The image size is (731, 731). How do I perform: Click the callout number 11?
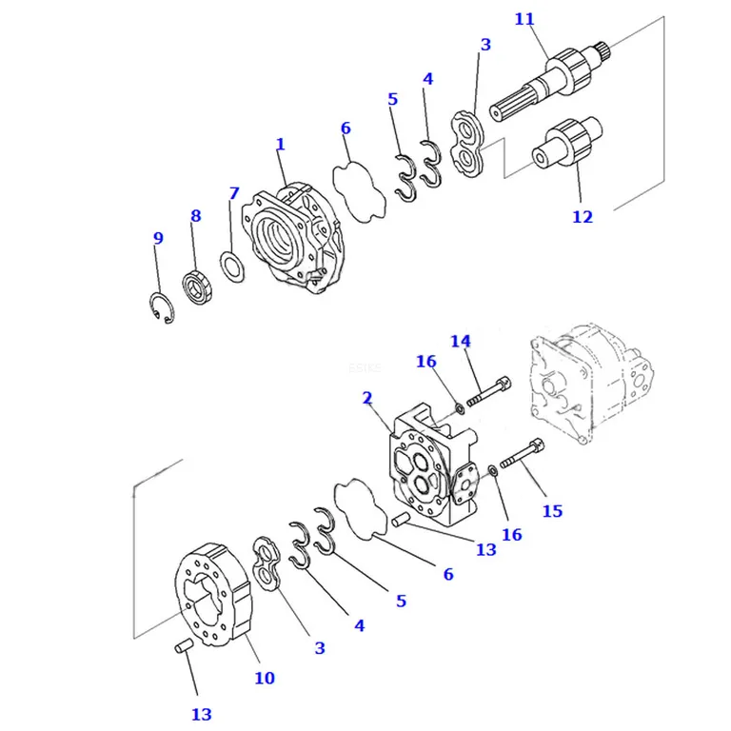click(x=524, y=19)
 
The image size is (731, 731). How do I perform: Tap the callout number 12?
click(x=583, y=217)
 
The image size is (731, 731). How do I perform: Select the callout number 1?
click(x=280, y=145)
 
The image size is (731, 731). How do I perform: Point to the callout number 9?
click(x=159, y=238)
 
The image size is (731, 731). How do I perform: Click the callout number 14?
click(x=461, y=342)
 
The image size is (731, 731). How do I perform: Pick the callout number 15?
click(x=552, y=511)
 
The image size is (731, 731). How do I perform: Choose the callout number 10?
click(x=265, y=678)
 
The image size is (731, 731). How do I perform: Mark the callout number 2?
click(x=367, y=398)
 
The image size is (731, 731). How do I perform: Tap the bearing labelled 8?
click(x=197, y=286)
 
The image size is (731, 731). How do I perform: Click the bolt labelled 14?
click(x=488, y=391)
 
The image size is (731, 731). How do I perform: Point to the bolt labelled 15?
click(x=523, y=453)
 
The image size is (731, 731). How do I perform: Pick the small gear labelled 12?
click(x=567, y=142)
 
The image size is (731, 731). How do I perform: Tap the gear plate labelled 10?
click(x=213, y=595)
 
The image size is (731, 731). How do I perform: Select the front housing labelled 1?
click(x=292, y=238)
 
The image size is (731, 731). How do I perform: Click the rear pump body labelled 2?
click(x=433, y=466)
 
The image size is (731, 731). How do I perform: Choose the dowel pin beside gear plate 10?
click(x=183, y=645)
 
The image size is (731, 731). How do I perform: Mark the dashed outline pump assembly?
click(x=592, y=384)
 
